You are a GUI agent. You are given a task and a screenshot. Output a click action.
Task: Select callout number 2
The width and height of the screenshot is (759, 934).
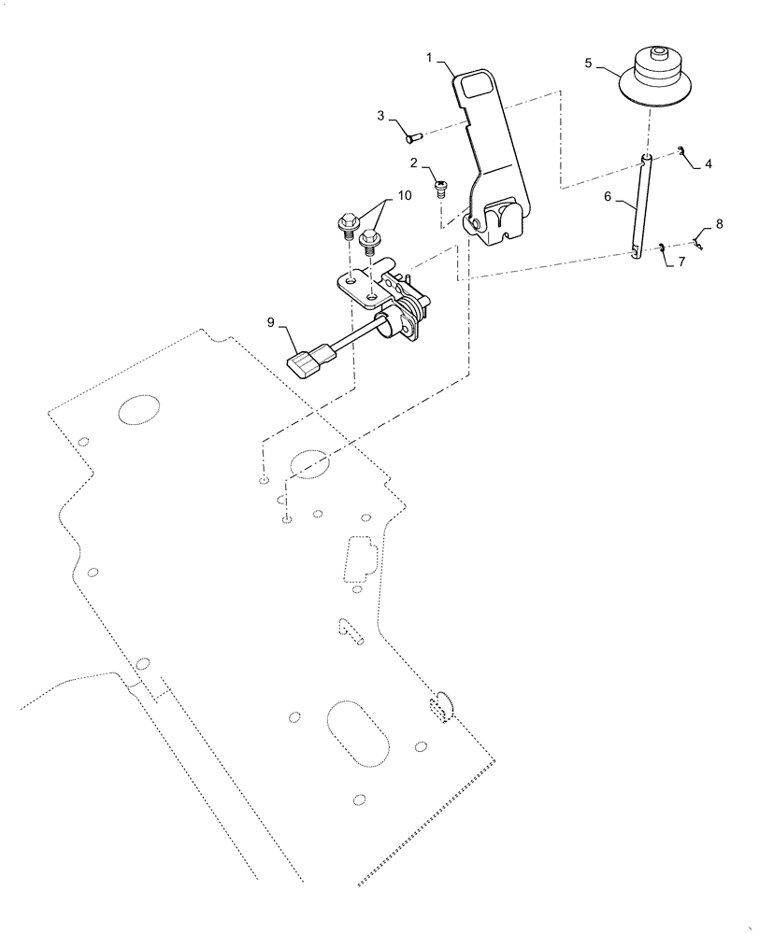click(x=412, y=163)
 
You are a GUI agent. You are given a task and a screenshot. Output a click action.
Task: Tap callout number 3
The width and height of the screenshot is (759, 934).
click(x=381, y=116)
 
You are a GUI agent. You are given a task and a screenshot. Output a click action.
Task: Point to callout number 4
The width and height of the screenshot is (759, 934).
click(x=708, y=163)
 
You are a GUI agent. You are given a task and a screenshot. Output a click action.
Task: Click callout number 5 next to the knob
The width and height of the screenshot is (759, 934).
click(x=588, y=64)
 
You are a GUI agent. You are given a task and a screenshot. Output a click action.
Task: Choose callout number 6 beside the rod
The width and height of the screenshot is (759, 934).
click(x=608, y=198)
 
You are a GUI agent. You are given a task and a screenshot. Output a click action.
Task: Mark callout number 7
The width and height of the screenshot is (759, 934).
click(x=680, y=262)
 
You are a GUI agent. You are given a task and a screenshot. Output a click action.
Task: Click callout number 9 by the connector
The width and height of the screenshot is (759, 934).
click(x=271, y=322)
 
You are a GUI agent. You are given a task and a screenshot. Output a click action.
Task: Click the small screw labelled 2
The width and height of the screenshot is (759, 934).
click(x=441, y=188)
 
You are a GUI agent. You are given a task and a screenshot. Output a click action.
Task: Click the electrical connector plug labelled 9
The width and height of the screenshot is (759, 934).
click(x=309, y=361)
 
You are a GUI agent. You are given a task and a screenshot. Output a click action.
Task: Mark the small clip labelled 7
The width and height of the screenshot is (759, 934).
click(x=660, y=248)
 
